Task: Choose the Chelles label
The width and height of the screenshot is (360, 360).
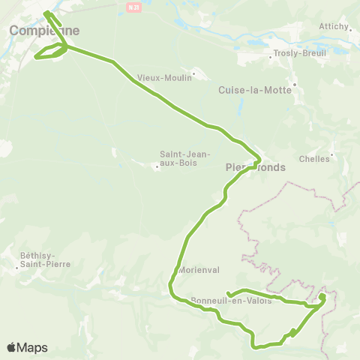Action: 314,159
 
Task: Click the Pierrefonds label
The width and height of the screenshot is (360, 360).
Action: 255,168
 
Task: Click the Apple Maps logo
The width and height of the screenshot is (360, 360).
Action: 27,347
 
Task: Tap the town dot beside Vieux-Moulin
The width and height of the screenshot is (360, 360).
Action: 193,73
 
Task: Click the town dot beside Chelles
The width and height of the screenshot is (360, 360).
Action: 333,156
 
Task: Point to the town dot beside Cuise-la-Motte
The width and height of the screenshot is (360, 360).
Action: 295,84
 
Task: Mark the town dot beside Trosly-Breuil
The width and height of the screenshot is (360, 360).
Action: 271,55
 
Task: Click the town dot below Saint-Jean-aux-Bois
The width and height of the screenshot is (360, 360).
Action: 157,166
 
